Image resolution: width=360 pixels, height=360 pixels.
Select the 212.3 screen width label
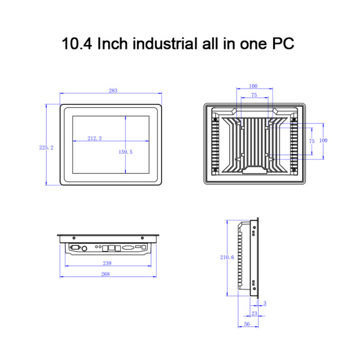click(95, 138)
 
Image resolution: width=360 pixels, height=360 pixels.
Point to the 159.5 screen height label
click(125, 152)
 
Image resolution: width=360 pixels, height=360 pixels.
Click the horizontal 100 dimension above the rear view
click(253, 86)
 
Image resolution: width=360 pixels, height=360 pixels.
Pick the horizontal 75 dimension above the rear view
click(254, 96)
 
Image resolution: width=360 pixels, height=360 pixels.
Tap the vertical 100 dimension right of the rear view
click(323, 140)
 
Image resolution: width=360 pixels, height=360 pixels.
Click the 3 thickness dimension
click(264, 303)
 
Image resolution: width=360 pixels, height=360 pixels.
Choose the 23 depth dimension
click(255, 313)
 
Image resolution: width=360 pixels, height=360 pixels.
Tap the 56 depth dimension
click(247, 324)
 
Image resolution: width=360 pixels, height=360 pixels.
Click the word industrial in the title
click(162, 43)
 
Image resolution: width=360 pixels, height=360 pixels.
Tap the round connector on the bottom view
click(84, 248)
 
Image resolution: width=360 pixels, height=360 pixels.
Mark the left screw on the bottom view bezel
click(75, 238)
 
